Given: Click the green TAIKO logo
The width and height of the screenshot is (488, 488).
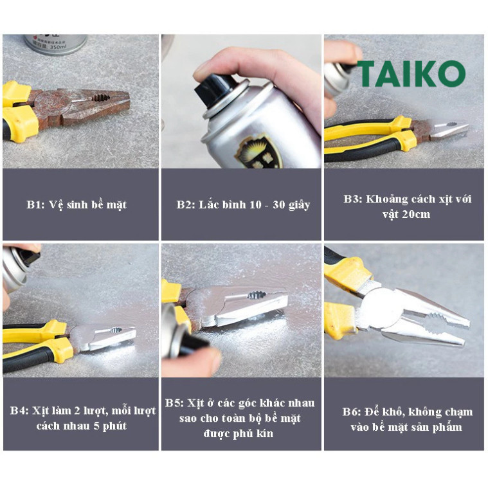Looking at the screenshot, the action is (x=411, y=73).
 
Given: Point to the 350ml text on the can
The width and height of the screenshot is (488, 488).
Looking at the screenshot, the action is (x=59, y=47).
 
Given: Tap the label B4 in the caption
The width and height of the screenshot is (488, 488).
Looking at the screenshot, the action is (x=19, y=410).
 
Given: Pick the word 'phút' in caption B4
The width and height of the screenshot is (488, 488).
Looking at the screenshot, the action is (x=114, y=426).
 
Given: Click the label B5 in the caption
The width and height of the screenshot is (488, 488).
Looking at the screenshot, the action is (x=174, y=403).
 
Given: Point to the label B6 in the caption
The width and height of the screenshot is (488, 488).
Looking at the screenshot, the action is (x=352, y=411).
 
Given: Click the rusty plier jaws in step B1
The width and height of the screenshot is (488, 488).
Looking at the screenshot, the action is (x=93, y=104).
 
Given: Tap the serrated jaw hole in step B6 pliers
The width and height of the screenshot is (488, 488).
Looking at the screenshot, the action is (x=434, y=322).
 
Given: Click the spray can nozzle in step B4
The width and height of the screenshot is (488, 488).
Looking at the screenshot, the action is (x=30, y=257).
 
